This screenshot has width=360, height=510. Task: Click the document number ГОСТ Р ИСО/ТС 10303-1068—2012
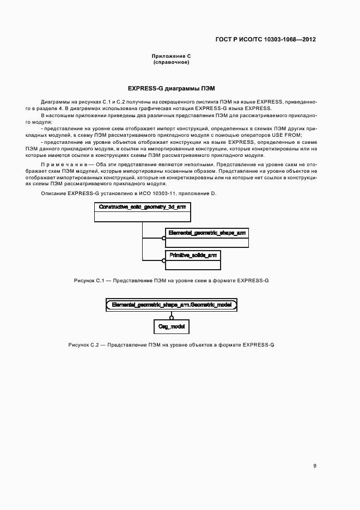pos(265,40)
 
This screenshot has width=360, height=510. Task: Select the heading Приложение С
pos(171,57)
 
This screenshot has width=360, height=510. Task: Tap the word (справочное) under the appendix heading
pos(171,62)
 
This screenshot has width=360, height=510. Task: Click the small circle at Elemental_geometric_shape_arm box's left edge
pos(163,238)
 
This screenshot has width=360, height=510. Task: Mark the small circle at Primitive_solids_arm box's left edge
pos(163,261)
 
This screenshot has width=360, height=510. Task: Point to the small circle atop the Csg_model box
pos(171,317)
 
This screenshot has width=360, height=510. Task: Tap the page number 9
pos(314,466)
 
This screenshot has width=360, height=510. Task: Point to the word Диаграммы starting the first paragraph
pos(53,102)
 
